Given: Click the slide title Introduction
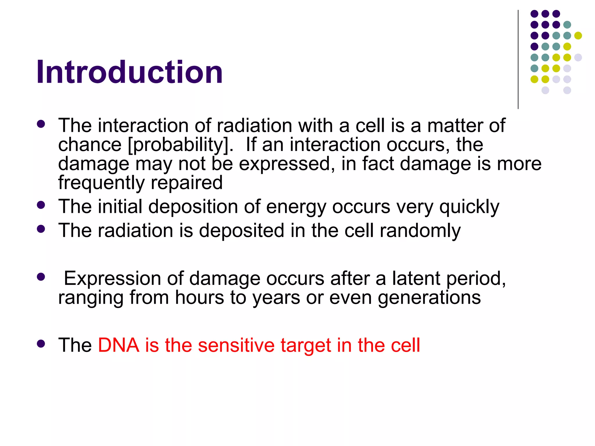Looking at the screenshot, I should pyautogui.click(x=130, y=72).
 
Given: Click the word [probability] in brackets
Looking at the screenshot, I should pyautogui.click(x=180, y=145).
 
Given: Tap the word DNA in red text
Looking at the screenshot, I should pyautogui.click(x=119, y=345).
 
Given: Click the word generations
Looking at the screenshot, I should pyautogui.click(x=429, y=298).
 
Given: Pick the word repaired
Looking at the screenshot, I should pyautogui.click(x=187, y=183).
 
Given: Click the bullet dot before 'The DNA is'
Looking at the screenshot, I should pyautogui.click(x=41, y=344).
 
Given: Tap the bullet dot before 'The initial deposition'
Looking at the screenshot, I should pyautogui.click(x=41, y=205).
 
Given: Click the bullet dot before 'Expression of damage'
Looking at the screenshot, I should pyautogui.click(x=41, y=277).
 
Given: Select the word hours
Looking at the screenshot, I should pyautogui.click(x=199, y=298).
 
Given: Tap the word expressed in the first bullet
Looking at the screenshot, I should pyautogui.click(x=284, y=164).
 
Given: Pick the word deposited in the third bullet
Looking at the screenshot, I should pyautogui.click(x=241, y=231).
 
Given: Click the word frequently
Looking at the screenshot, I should pyautogui.click(x=101, y=183).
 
